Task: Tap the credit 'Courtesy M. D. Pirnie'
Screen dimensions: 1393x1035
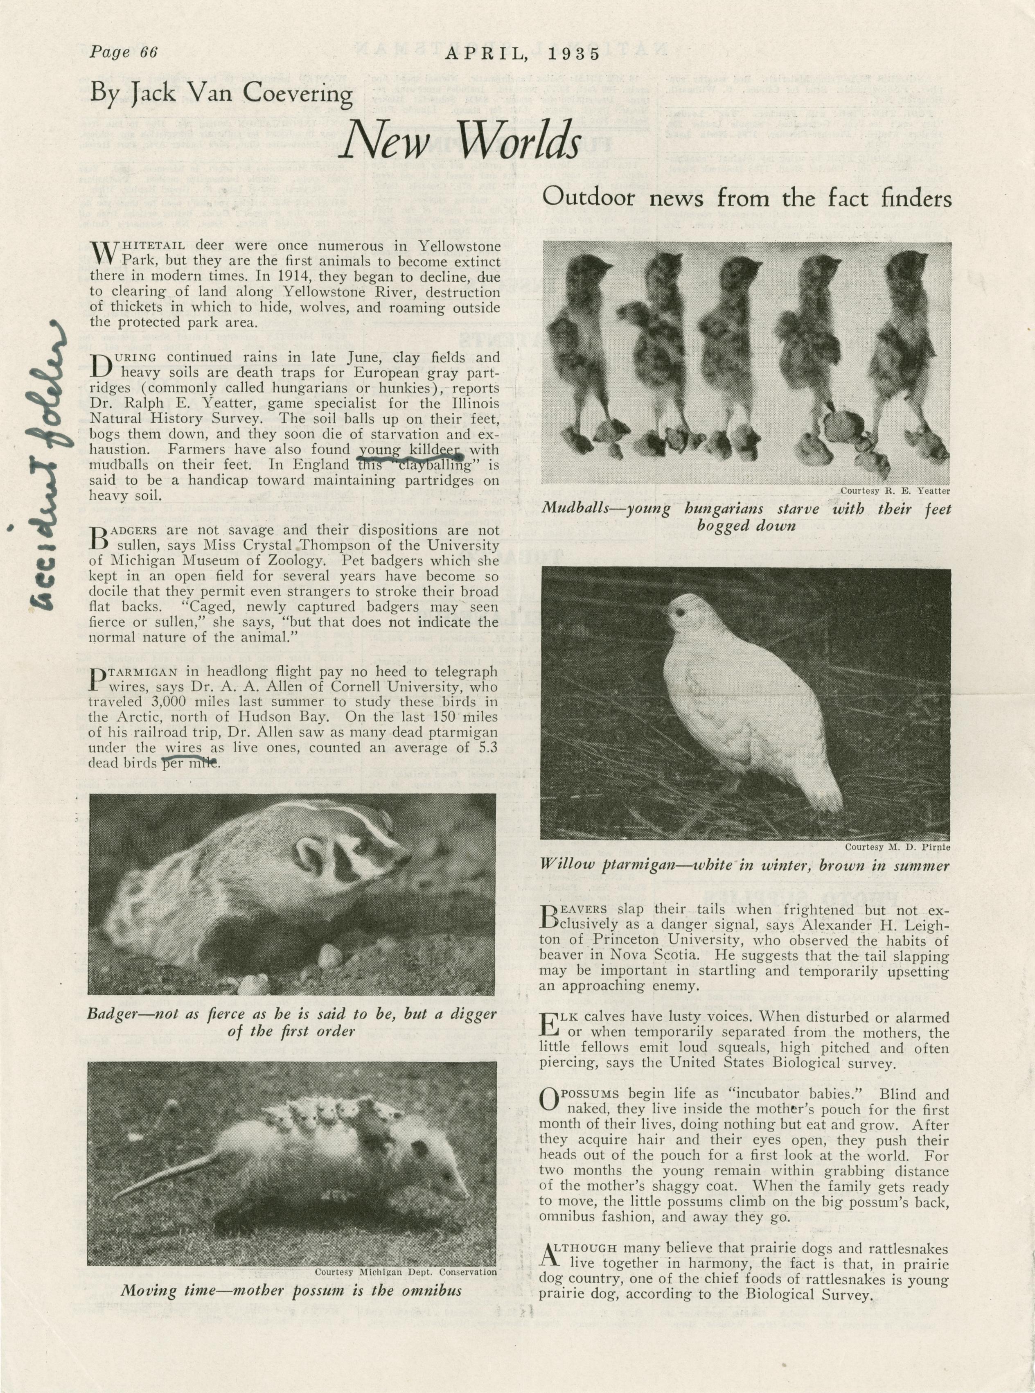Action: [x=897, y=847]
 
